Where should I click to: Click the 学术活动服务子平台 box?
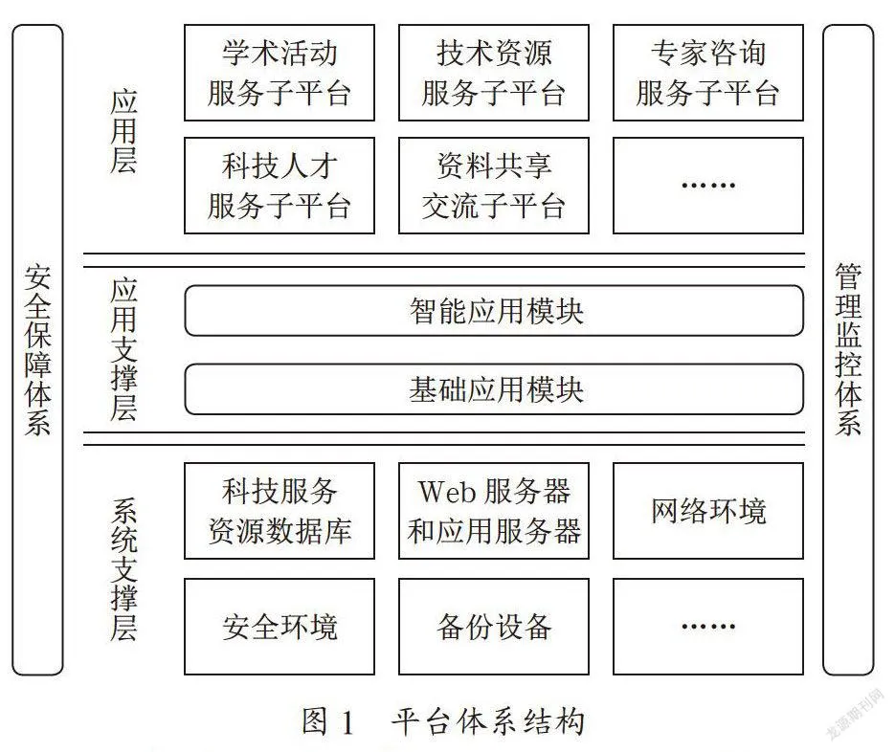click(280, 73)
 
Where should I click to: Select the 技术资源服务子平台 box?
click(494, 73)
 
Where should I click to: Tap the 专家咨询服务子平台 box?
click(708, 73)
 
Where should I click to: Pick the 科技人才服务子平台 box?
click(280, 186)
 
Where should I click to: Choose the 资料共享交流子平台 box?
click(494, 186)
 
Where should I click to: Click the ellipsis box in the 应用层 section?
click(708, 186)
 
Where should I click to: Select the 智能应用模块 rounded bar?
click(494, 311)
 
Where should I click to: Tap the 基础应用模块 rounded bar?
click(494, 389)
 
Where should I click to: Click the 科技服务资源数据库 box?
click(280, 511)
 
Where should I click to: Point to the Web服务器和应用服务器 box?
click(494, 511)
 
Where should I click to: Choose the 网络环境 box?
click(708, 511)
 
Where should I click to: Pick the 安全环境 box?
click(280, 627)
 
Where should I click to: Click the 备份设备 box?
click(494, 627)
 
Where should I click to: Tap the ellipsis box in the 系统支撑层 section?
click(708, 627)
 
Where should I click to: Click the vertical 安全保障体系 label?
click(37, 350)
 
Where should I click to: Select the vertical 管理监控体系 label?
click(848, 350)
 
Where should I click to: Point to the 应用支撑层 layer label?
click(123, 350)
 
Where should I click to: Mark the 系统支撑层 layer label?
click(123, 569)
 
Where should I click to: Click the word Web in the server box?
click(447, 491)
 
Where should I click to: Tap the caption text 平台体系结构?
click(488, 721)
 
